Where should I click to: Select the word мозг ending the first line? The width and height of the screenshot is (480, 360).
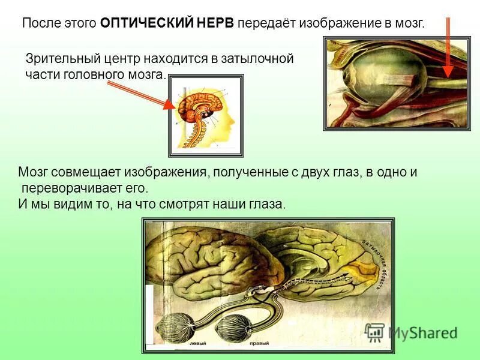click(409, 24)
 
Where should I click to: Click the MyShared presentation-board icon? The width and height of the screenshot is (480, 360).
click(376, 332)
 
